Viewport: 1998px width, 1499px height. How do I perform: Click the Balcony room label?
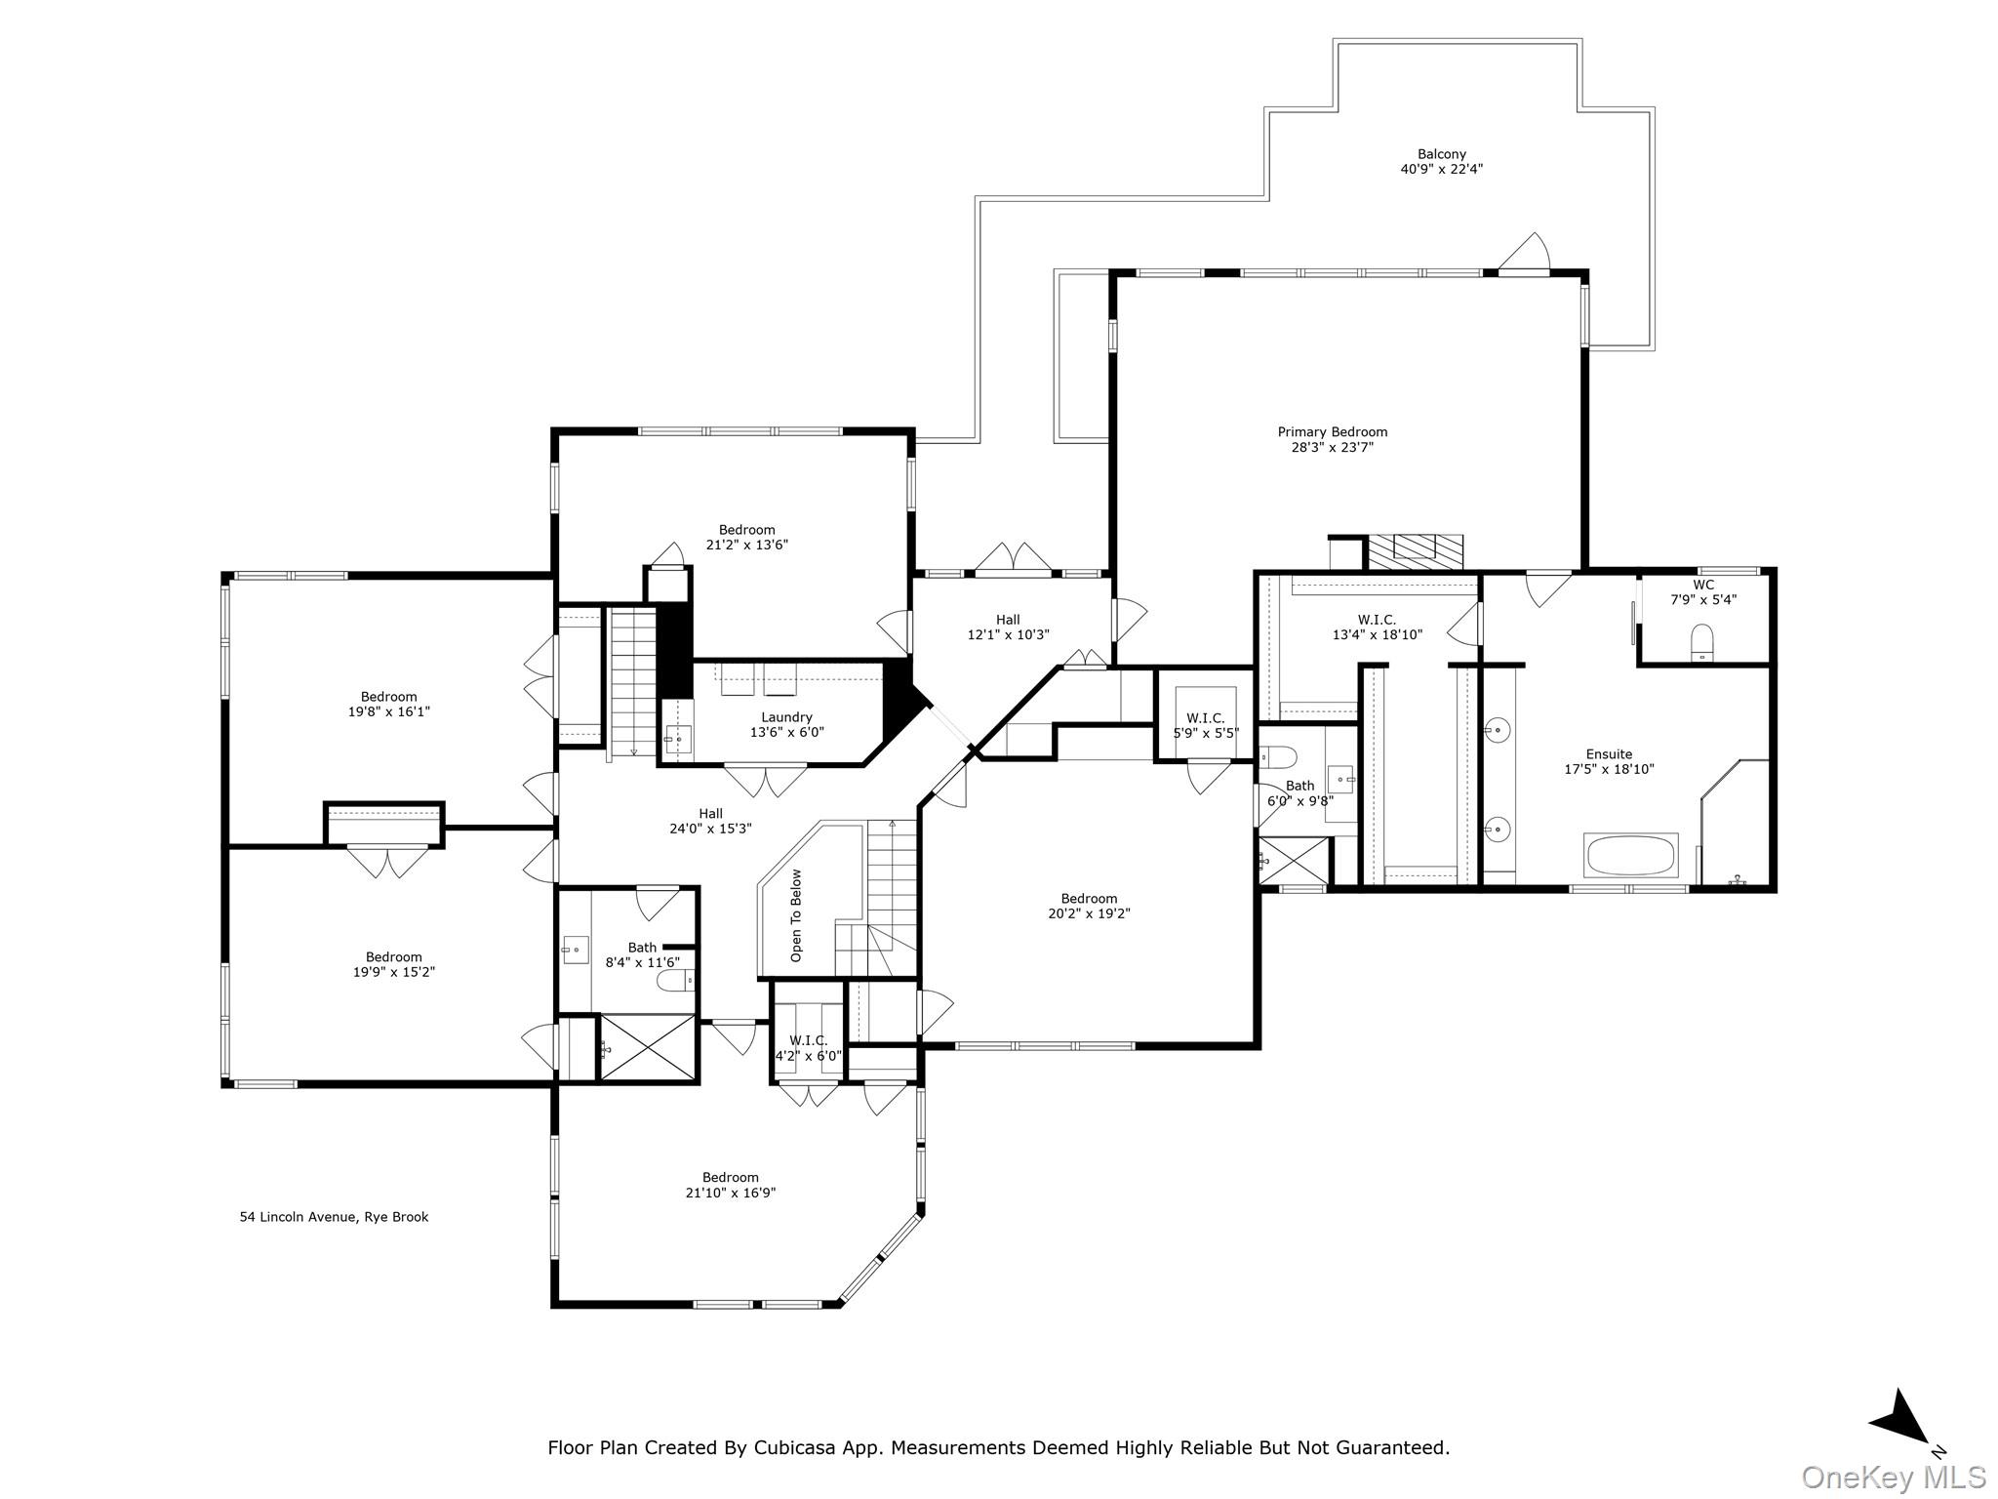pyautogui.click(x=1441, y=154)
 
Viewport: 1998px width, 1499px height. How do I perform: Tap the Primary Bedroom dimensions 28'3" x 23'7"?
pyautogui.click(x=1332, y=448)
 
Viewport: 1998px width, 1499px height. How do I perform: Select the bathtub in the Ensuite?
pyautogui.click(x=1631, y=856)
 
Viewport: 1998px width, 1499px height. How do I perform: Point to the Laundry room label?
pyautogui.click(x=786, y=717)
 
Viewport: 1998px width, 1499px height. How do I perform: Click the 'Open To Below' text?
pyautogui.click(x=797, y=915)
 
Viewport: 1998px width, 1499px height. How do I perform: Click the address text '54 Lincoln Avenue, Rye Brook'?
pyautogui.click(x=334, y=1217)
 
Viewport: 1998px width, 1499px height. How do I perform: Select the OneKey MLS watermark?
pyautogui.click(x=1893, y=1477)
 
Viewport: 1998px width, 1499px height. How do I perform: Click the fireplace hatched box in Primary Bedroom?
pyautogui.click(x=1414, y=551)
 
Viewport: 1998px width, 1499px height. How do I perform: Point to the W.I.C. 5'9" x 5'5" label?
pyautogui.click(x=1206, y=725)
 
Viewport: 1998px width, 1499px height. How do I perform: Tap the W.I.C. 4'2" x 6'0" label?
pyautogui.click(x=808, y=1048)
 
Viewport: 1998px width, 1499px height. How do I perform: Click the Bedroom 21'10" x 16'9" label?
pyautogui.click(x=730, y=1185)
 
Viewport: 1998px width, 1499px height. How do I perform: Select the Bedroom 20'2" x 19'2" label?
pyautogui.click(x=1089, y=906)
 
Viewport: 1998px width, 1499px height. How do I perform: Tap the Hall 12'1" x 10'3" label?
pyautogui.click(x=1008, y=627)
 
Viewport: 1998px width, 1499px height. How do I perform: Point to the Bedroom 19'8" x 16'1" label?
pyautogui.click(x=388, y=704)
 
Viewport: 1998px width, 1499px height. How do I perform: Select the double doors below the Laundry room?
pyautogui.click(x=765, y=780)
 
